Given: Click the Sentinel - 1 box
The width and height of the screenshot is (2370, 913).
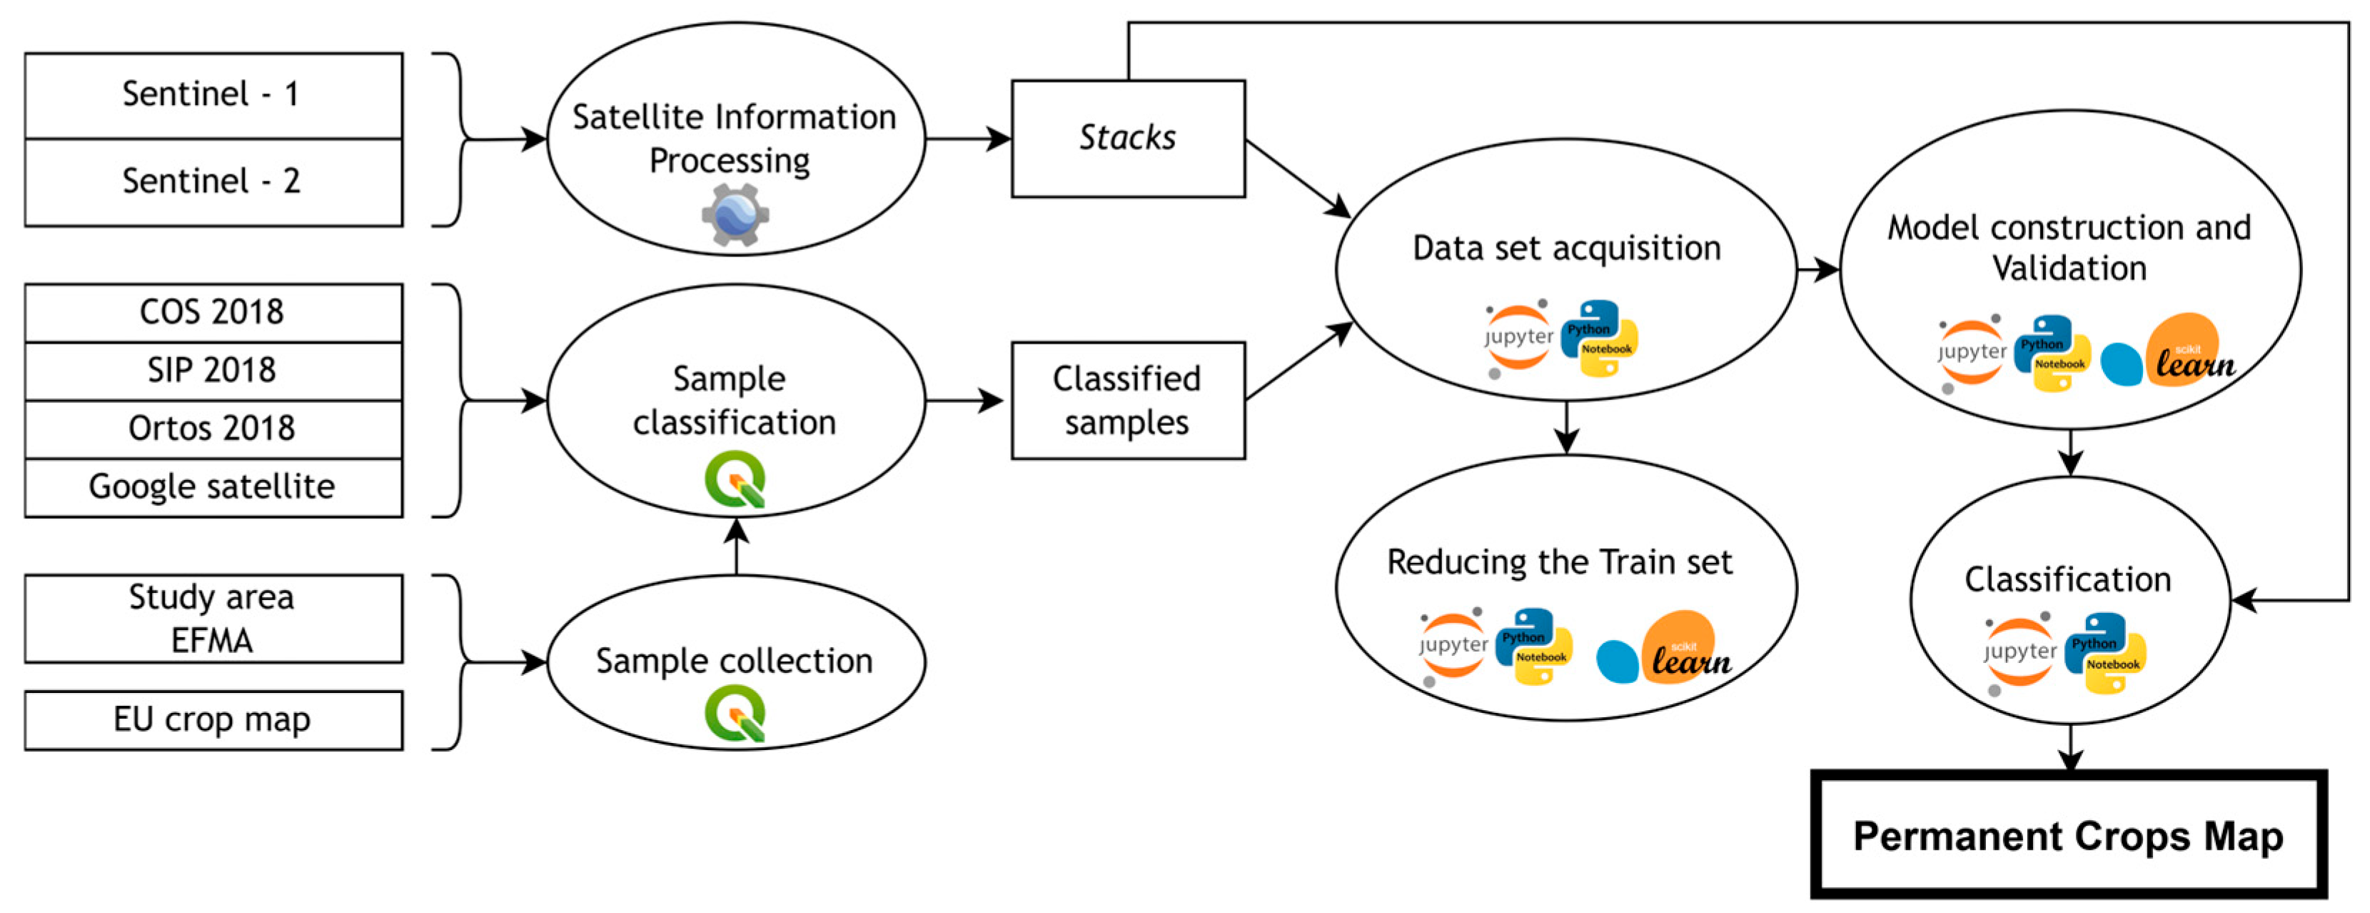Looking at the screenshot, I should [213, 96].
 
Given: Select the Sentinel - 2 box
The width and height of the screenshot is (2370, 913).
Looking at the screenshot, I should [213, 182].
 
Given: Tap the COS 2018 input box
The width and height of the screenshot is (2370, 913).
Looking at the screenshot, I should [213, 313].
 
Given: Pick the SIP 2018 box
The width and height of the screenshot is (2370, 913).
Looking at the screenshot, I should [213, 371].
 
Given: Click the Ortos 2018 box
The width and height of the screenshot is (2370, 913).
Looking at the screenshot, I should [213, 429].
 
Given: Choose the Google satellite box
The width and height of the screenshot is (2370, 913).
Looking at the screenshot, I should [213, 487].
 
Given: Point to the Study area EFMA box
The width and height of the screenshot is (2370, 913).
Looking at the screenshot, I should [213, 619].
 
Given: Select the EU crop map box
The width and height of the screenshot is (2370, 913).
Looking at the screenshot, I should [213, 719].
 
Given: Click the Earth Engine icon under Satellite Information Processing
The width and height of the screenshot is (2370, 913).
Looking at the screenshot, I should [735, 214].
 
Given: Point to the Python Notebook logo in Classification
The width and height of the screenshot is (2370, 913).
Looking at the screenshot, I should [2105, 654].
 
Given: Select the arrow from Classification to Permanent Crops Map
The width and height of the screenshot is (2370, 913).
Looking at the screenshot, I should [2070, 747].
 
